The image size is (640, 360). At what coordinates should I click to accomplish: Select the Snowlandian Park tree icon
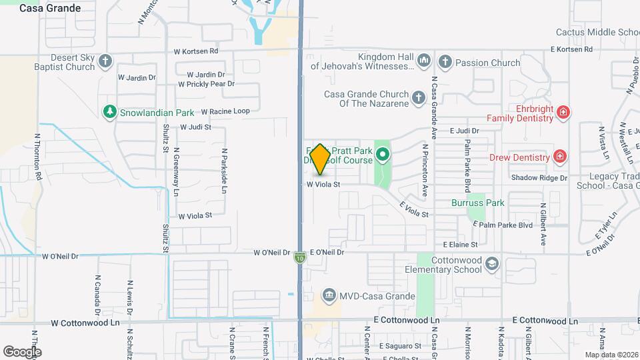coord(109,112)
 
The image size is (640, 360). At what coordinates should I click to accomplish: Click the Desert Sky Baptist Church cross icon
coord(105,62)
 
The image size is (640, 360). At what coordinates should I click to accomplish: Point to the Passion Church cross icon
coord(445,63)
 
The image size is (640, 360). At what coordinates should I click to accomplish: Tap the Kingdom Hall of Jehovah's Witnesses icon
coord(424,63)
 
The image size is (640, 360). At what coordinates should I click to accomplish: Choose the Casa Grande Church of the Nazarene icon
coord(418,99)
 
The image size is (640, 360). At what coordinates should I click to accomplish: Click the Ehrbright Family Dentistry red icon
coord(563,113)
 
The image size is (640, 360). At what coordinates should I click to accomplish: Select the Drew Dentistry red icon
coord(560,157)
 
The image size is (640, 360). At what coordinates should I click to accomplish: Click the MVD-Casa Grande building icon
coord(329,295)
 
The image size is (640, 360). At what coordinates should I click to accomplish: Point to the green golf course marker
coord(383,156)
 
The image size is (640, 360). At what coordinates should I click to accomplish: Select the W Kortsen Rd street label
coord(196,51)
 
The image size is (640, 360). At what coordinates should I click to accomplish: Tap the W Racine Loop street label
coord(225,111)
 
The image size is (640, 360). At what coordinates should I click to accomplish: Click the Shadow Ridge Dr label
coord(539,178)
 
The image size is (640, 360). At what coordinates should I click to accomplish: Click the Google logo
coord(22,351)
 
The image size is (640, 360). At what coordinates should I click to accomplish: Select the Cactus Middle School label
coord(598,32)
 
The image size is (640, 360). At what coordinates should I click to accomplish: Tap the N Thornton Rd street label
coord(39,164)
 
